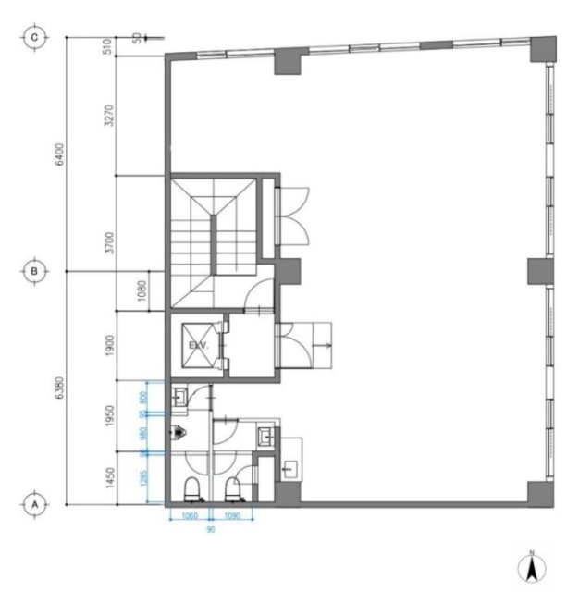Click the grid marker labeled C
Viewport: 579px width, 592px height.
point(35,37)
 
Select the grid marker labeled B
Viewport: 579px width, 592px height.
point(35,271)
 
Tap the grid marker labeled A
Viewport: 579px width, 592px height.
point(35,505)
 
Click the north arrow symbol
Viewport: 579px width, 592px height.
point(533,566)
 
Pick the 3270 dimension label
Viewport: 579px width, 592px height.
point(110,116)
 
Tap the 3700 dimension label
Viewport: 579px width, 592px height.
point(110,243)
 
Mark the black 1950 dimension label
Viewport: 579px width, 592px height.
point(110,414)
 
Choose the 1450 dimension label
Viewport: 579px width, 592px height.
point(110,477)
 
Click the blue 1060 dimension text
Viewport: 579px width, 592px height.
point(190,516)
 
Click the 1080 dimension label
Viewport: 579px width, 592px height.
point(110,291)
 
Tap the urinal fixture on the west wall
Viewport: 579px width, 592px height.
point(179,430)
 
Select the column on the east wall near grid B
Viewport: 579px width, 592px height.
point(539,271)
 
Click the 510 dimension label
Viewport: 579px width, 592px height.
point(110,47)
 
